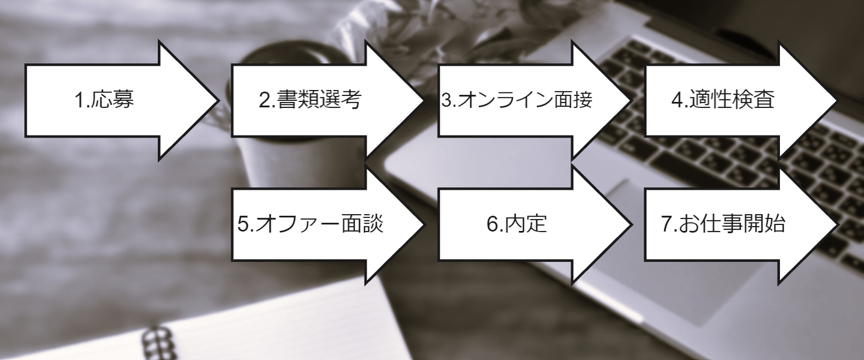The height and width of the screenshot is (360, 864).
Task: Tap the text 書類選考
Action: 319,101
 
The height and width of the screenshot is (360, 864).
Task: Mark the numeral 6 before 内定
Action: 491,224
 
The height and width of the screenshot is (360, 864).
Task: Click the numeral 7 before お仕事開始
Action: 666,224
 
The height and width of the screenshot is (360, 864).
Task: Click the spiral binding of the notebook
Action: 157,342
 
